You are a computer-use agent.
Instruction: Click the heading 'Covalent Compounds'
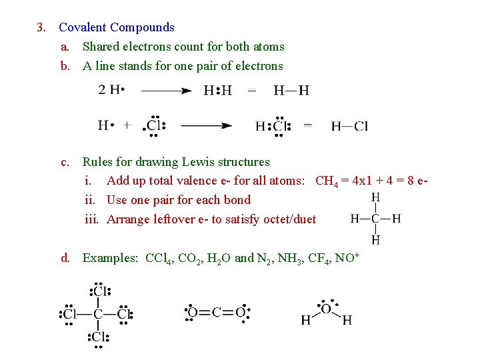[117, 27]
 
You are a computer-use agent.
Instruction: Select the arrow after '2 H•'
[165, 90]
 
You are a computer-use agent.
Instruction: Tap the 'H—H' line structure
[291, 90]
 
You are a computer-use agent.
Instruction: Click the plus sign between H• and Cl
[127, 125]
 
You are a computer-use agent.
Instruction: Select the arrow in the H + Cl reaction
[206, 125]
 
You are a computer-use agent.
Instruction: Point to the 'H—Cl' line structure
[349, 125]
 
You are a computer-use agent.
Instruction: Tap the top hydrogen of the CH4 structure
[375, 197]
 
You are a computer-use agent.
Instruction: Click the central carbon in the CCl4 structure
[98, 314]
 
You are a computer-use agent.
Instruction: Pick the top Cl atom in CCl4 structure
[99, 291]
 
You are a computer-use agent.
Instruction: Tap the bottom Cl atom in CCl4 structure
[99, 337]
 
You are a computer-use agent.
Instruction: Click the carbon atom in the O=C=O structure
[216, 312]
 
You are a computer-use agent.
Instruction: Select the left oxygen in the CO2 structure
[192, 312]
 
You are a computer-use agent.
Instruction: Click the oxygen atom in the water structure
[326, 308]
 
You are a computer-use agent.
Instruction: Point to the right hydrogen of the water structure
[347, 321]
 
